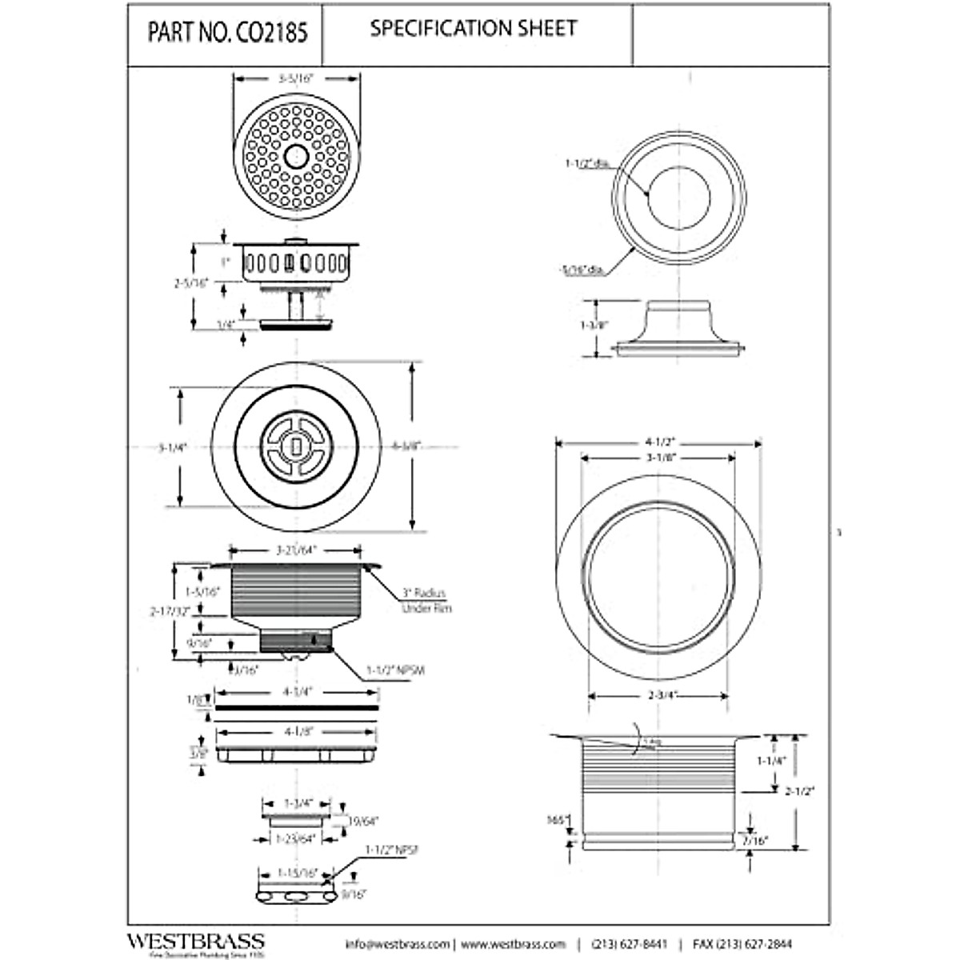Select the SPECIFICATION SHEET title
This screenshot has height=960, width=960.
click(473, 29)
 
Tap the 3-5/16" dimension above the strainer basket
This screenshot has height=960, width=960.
click(295, 79)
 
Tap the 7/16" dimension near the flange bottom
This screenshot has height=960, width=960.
click(754, 841)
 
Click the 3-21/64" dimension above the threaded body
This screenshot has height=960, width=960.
click(296, 550)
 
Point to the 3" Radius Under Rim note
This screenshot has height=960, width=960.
click(424, 601)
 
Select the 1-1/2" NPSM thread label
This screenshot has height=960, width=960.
click(395, 670)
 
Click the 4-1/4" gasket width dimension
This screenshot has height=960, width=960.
click(295, 690)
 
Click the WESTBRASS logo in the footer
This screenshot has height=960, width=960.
click(195, 941)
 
